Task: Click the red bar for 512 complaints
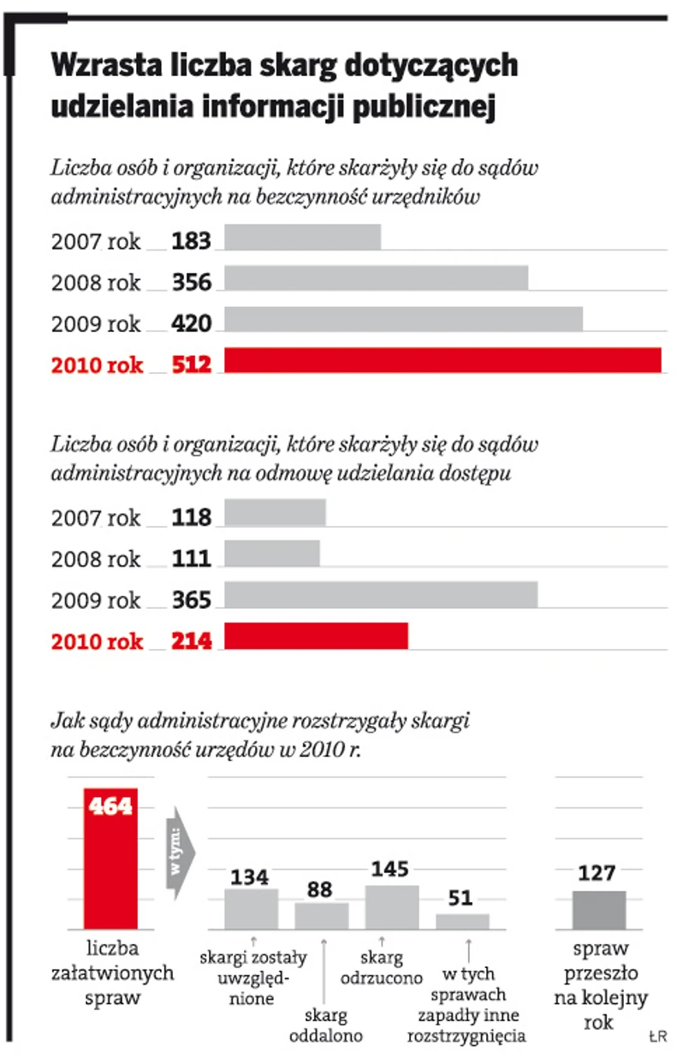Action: pyautogui.click(x=443, y=361)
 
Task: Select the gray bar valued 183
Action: pyautogui.click(x=302, y=238)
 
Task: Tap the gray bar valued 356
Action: pyautogui.click(x=376, y=279)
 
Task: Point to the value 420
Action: pyautogui.click(x=191, y=322)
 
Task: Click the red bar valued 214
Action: pyautogui.click(x=316, y=636)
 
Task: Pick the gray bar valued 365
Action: pyautogui.click(x=381, y=595)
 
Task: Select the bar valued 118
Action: pyautogui.click(x=275, y=513)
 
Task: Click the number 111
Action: pyautogui.click(x=191, y=558)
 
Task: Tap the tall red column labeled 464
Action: pyautogui.click(x=110, y=858)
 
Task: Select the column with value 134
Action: pyautogui.click(x=251, y=908)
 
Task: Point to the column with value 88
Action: pyautogui.click(x=321, y=915)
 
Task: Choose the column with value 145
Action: pyautogui.click(x=391, y=906)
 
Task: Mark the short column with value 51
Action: pyautogui.click(x=462, y=921)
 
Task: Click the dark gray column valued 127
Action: pyautogui.click(x=599, y=909)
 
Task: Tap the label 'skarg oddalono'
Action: pyautogui.click(x=326, y=1025)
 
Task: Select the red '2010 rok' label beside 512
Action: pyautogui.click(x=97, y=365)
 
